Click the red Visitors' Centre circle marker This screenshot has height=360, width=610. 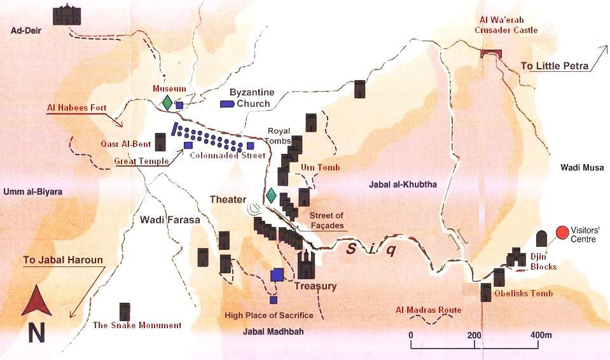pyautogui.click(x=562, y=233)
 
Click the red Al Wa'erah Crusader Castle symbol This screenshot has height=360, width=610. pyautogui.click(x=492, y=53)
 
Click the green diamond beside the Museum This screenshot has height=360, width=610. pyautogui.click(x=167, y=102)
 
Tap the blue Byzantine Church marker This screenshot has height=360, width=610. pyautogui.click(x=226, y=104)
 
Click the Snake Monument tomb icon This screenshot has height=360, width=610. pyautogui.click(x=125, y=311)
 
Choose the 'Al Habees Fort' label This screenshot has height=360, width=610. pyautogui.click(x=76, y=107)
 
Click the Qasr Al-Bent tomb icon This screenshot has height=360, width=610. pyautogui.click(x=160, y=141)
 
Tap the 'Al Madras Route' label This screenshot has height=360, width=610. pyautogui.click(x=427, y=310)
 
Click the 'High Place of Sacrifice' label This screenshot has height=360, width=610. pyautogui.click(x=269, y=315)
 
